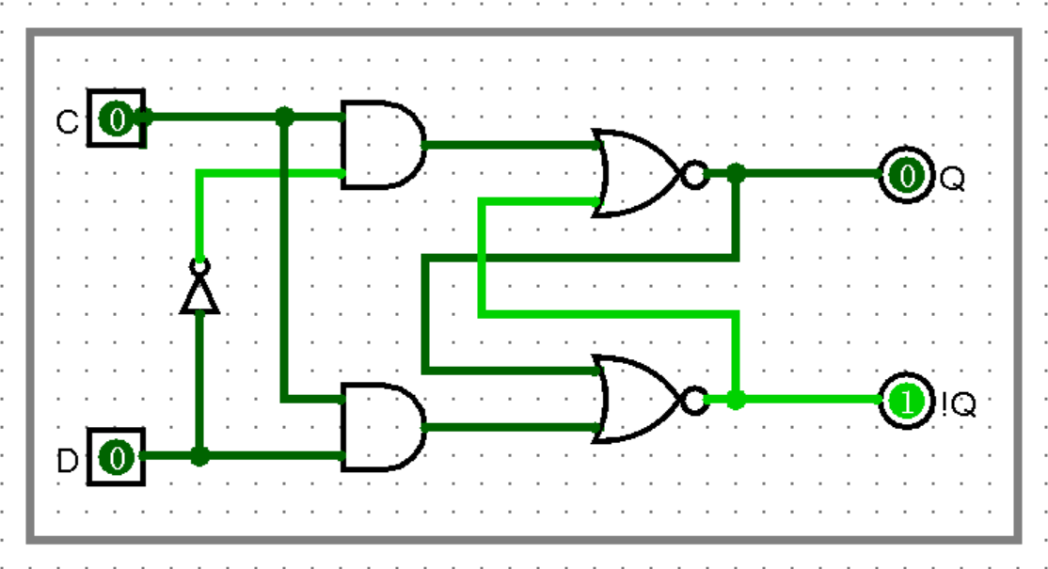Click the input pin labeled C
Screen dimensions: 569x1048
[116, 119]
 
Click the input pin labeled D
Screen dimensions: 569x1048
[116, 458]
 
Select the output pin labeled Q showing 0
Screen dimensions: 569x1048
[907, 174]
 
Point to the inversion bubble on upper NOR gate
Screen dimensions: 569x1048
[694, 174]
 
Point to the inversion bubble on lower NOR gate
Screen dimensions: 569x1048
[694, 401]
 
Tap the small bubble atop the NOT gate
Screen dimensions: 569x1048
[199, 265]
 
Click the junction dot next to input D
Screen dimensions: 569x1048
[199, 457]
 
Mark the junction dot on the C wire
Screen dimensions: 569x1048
[284, 117]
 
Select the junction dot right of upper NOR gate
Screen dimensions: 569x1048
[737, 173]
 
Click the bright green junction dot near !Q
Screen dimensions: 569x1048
[737, 400]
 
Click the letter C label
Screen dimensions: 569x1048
[68, 122]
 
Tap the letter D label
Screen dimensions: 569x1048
[68, 462]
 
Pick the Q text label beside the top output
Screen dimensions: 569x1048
[952, 178]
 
